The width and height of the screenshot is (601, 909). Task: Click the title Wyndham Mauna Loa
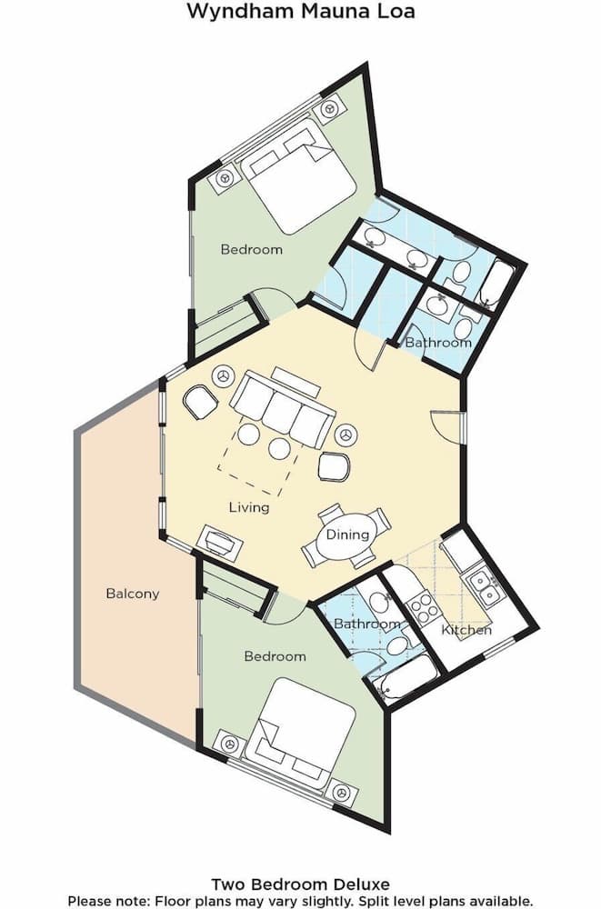coord(300,12)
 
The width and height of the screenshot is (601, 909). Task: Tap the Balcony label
coord(133,594)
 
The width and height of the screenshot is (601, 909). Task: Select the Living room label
coord(248,507)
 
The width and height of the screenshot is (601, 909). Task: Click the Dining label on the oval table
coord(347,534)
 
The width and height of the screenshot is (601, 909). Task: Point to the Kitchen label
coord(466,629)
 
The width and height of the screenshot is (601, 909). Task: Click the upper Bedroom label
coord(252,249)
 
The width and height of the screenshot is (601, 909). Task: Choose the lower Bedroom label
coord(275,655)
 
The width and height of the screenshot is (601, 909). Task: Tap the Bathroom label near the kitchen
coord(367,624)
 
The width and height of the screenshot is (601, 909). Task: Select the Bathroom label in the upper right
coord(438,343)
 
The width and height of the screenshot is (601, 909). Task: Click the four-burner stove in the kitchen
coord(422,604)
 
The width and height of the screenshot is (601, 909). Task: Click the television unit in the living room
coord(219,543)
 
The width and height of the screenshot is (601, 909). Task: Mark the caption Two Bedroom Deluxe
coord(300,884)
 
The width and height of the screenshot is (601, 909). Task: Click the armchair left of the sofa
coord(199,401)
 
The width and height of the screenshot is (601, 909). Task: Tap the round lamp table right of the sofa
coord(344,435)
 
